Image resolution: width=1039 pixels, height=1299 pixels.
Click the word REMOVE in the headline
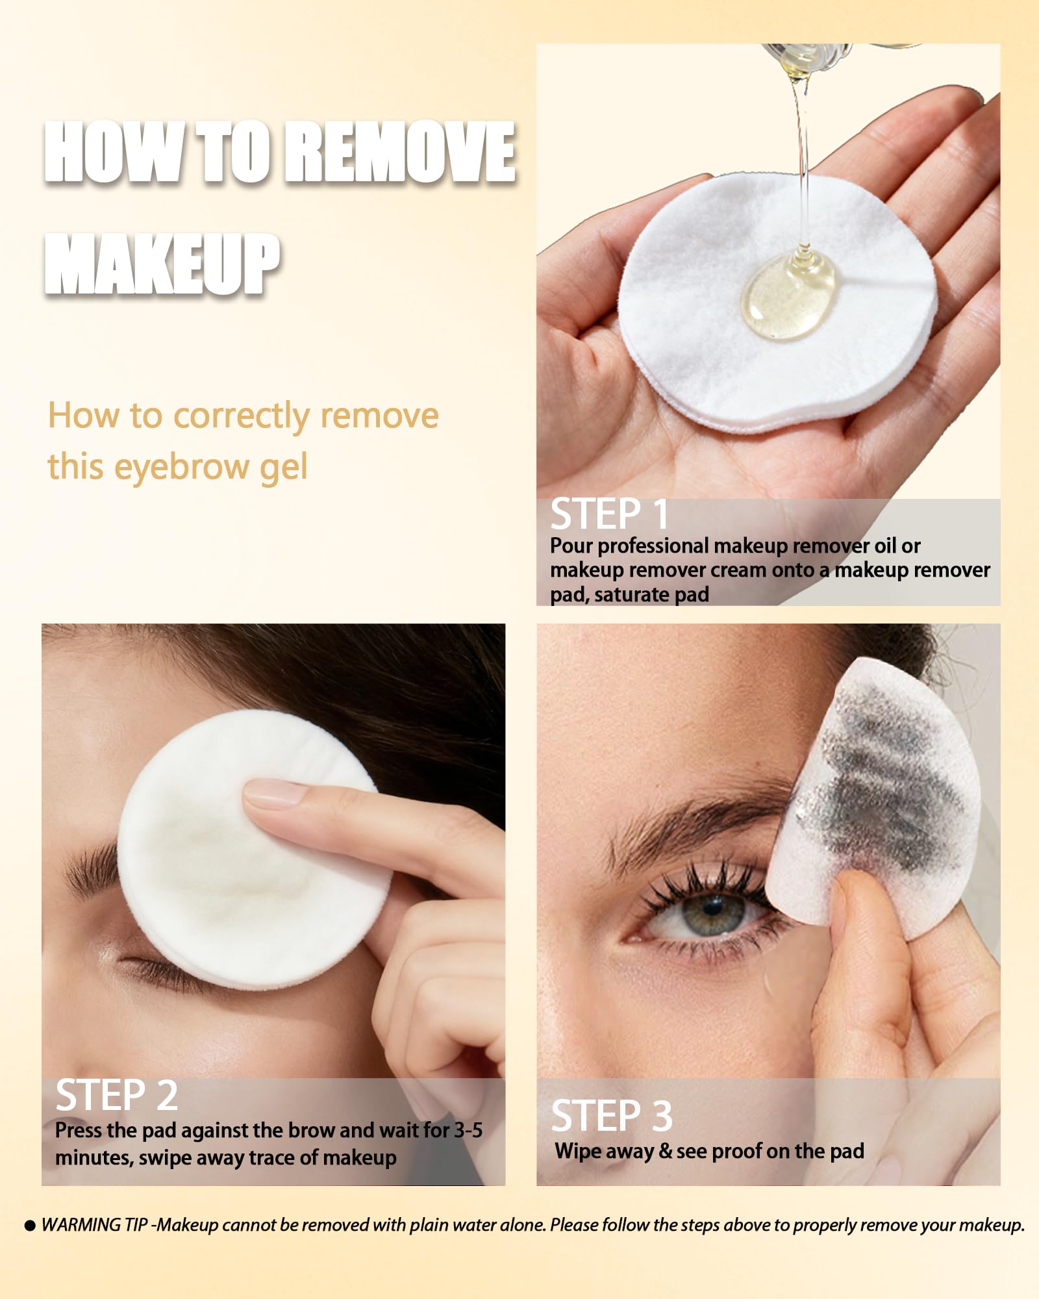point(401,152)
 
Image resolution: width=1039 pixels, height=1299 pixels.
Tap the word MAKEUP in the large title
point(162,264)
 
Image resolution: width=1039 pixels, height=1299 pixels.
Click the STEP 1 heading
point(609,514)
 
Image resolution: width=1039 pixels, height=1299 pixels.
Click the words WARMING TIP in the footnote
point(95,1225)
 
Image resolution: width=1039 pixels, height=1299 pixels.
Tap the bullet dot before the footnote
point(30,1226)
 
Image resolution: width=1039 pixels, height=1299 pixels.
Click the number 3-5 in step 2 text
point(468,1130)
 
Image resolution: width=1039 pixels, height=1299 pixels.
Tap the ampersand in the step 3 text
point(665,1152)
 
